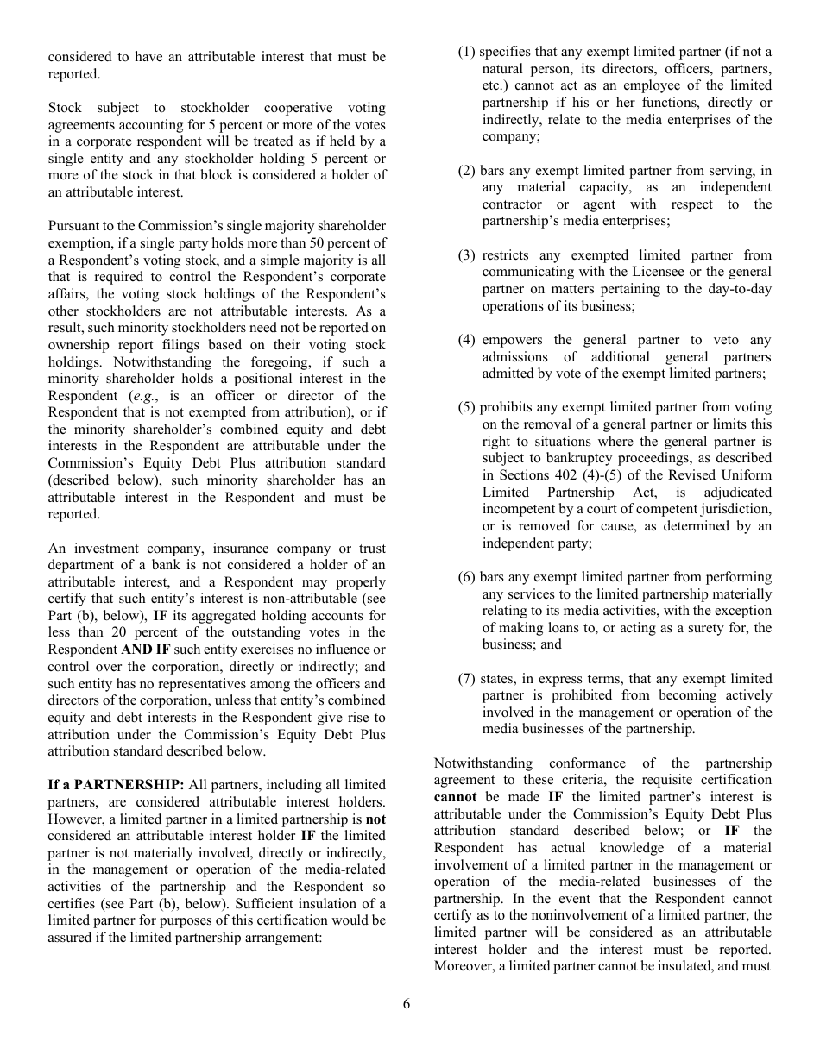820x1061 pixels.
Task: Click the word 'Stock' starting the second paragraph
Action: (x=66, y=108)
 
